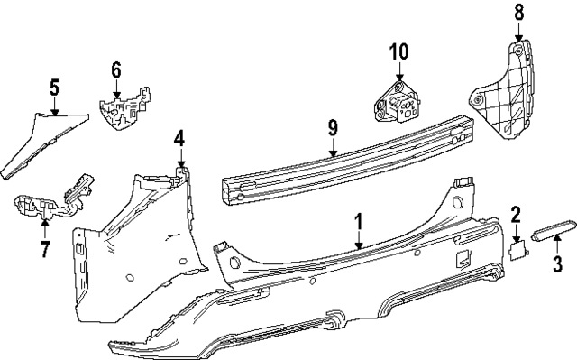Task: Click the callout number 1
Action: point(359,220)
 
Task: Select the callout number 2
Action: point(516,214)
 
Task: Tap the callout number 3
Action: point(557,264)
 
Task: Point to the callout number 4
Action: point(179,138)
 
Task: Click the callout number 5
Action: point(54,88)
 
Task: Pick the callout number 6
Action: point(115,69)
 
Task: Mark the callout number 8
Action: point(518,13)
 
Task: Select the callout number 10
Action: point(399,51)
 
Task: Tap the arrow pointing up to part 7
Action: point(45,222)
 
